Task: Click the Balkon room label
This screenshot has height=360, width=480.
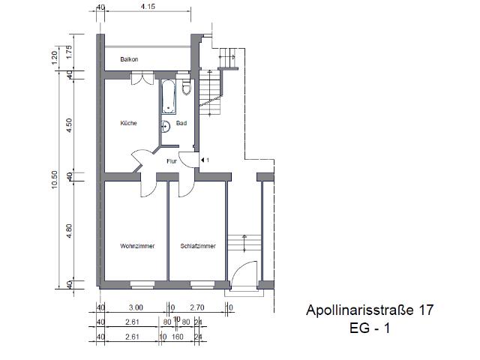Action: pos(129,59)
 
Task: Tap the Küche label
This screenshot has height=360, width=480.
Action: pos(128,123)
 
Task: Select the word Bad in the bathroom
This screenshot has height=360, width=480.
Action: pos(181,123)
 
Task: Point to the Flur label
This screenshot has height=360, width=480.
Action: pos(171,160)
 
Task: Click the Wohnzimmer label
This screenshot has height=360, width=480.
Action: pos(136,245)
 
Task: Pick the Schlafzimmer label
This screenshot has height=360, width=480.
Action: pos(198,245)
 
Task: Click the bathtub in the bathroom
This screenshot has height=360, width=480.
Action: pos(167,98)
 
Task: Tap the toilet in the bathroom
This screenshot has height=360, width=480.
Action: pos(187,89)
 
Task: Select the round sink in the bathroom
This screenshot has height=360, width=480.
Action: pos(166,127)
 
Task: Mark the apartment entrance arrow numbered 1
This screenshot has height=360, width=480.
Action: pos(204,160)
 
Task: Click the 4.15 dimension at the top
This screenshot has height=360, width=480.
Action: pos(148,7)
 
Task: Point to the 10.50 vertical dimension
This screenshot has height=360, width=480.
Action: pos(54,179)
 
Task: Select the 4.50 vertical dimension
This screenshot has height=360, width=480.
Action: pos(70,124)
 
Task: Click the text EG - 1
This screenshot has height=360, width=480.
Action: pos(370,328)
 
